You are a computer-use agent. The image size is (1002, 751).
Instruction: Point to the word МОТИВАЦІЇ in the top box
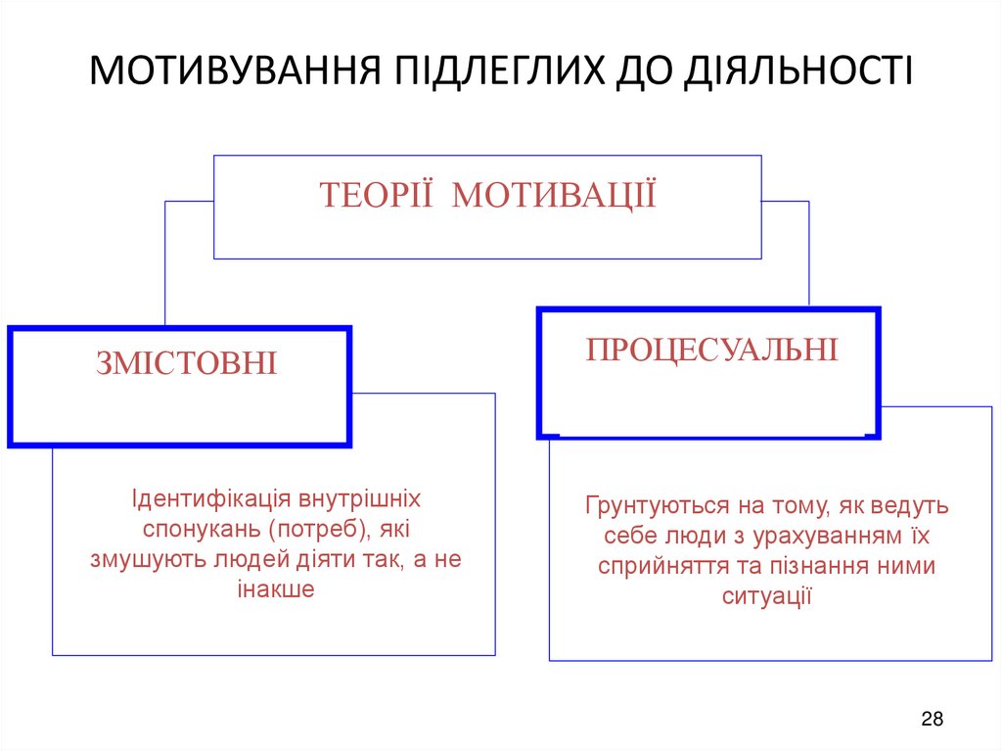click(x=555, y=195)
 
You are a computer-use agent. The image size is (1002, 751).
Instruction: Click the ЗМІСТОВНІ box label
click(x=187, y=364)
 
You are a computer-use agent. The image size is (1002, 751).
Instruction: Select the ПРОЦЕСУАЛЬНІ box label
click(x=712, y=350)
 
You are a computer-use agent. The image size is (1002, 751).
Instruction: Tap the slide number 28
click(x=932, y=720)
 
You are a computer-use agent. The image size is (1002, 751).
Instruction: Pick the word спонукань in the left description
click(x=186, y=530)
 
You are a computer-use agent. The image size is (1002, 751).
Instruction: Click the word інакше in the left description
click(x=275, y=590)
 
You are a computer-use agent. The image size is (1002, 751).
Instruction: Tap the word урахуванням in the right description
click(x=816, y=537)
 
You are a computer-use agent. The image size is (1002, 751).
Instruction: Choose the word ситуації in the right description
click(x=768, y=596)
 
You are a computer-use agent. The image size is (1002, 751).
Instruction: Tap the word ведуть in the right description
click(x=916, y=506)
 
